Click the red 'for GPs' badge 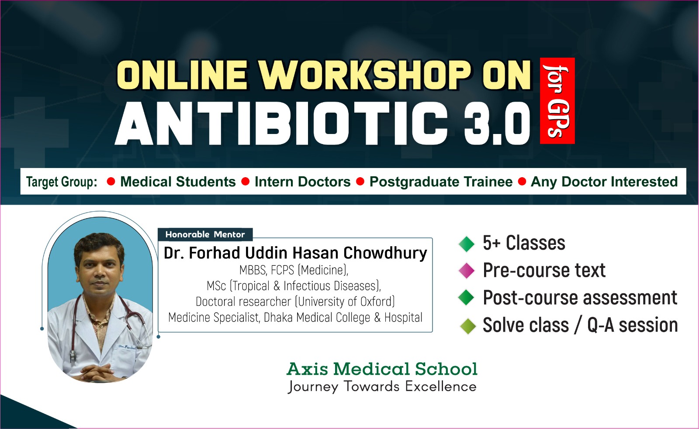coord(557,101)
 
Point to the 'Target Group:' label coord(62,182)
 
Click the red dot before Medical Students coord(111,182)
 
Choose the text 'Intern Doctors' coord(302,182)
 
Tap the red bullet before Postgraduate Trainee coord(360,182)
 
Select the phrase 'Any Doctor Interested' coord(605,182)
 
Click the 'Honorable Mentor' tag coord(205,234)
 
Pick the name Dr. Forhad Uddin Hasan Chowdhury coord(295,253)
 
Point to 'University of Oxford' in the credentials coord(345,302)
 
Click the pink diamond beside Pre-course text coord(467,270)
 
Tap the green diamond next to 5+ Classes coord(467,244)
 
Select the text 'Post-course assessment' coord(580,298)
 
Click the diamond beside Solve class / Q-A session coord(468,326)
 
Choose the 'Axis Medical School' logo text coord(382,369)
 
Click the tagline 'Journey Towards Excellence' coord(382,387)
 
